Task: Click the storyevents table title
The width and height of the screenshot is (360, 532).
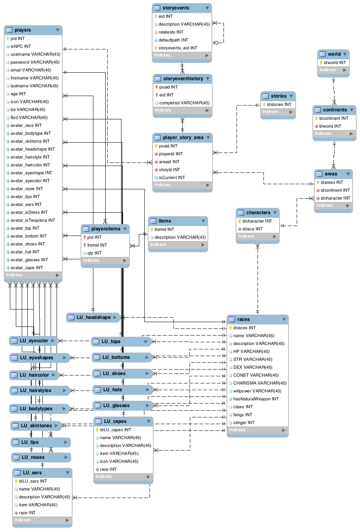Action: click(x=176, y=8)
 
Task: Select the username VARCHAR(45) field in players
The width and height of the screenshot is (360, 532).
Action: click(x=35, y=54)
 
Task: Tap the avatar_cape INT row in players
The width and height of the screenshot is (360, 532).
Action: click(x=27, y=268)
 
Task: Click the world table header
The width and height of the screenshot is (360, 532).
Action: click(x=334, y=54)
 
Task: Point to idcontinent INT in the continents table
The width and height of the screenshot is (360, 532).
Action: click(x=333, y=118)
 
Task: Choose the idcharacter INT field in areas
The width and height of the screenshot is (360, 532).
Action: click(x=335, y=198)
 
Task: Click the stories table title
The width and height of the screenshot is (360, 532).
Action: click(x=279, y=96)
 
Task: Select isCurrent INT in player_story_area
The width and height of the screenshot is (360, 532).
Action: click(x=172, y=177)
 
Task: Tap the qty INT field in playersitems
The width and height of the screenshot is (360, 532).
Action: click(x=94, y=253)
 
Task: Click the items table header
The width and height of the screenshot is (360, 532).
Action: click(x=165, y=221)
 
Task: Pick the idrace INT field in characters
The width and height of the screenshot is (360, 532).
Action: click(x=252, y=229)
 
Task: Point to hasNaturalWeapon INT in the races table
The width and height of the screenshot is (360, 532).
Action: click(x=256, y=399)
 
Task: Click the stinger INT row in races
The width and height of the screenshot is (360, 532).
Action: click(x=244, y=423)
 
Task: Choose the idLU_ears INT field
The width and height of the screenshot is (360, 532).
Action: click(x=33, y=481)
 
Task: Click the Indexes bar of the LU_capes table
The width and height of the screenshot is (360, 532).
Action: click(x=123, y=477)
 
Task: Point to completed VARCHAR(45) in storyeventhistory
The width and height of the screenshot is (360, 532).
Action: click(x=184, y=103)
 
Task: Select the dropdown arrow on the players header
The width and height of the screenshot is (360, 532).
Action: click(x=58, y=30)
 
